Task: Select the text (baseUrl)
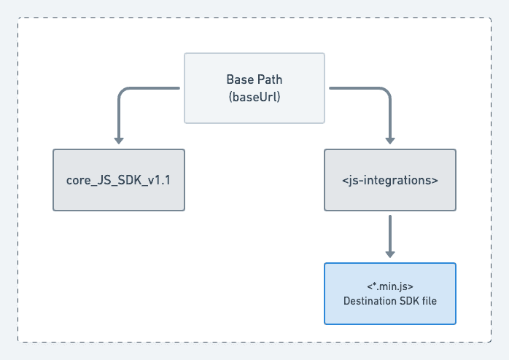(x=254, y=96)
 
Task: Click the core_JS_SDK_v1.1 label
(x=119, y=181)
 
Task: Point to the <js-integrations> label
(x=390, y=181)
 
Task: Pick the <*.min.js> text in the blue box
(x=390, y=285)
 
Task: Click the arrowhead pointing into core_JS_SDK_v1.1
(x=119, y=141)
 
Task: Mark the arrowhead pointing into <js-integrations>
(x=390, y=141)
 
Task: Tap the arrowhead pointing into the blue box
(x=390, y=254)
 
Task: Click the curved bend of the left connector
(x=123, y=93)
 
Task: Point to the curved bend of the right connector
(x=386, y=93)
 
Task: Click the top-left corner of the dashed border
(x=18, y=18)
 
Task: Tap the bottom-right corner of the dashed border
(x=491, y=342)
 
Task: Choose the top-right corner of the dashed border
(x=491, y=18)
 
